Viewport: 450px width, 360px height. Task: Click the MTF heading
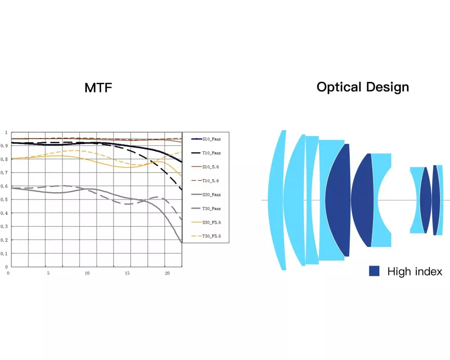(98, 88)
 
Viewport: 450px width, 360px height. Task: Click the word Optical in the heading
(338, 87)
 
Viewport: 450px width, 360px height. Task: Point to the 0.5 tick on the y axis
(6, 200)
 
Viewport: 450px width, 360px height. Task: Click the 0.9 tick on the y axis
(6, 146)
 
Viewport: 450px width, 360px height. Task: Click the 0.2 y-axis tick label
(6, 240)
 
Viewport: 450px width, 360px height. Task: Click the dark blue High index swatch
(374, 271)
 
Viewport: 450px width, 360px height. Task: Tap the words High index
(414, 271)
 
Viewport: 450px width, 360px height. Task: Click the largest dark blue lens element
(338, 200)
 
